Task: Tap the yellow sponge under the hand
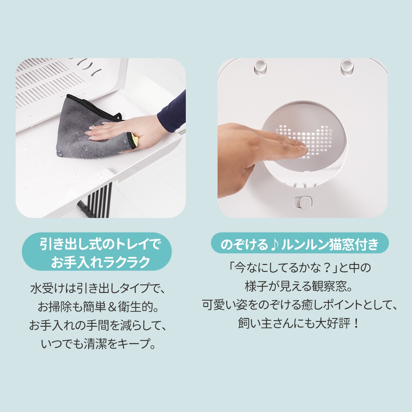pos(134,140)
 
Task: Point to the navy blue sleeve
pos(173,111)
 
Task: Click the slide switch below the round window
pos(303,202)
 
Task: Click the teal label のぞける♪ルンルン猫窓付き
pos(300,245)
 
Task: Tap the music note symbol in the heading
pos(275,245)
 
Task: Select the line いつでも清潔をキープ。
pos(97,344)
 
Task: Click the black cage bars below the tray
pos(99,200)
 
